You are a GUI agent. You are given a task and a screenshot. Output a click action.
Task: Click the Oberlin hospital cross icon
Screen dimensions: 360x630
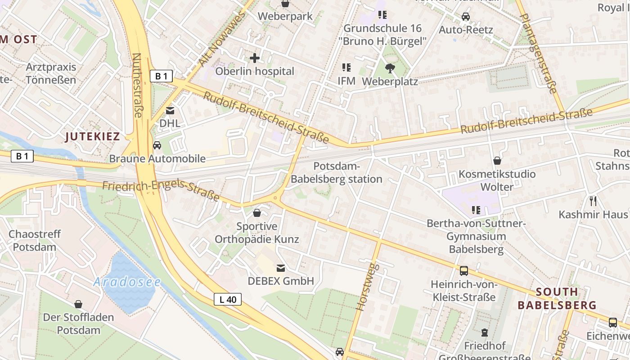255,58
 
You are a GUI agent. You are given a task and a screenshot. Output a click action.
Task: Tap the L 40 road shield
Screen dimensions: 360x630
228,299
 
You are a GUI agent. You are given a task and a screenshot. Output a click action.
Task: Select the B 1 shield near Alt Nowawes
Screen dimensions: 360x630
161,76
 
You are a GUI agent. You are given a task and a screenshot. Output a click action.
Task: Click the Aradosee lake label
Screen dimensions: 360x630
127,282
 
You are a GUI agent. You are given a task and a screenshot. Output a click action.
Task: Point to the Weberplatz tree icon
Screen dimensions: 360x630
390,68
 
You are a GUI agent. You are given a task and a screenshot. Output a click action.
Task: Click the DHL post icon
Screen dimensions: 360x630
170,110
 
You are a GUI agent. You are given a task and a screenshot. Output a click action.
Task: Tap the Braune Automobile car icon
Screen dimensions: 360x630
157,145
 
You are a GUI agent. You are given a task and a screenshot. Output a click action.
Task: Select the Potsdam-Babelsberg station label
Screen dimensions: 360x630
336,172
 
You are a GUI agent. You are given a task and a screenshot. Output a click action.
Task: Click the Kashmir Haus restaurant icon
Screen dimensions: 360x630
593,201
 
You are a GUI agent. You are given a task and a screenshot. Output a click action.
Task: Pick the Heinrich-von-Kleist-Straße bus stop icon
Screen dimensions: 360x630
464,271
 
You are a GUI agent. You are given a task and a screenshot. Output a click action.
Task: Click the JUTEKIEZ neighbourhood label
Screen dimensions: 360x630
93,137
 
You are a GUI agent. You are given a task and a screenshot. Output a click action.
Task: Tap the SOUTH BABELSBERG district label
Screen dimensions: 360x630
557,298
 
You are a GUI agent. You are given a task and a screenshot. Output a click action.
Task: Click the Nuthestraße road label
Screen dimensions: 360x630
137,85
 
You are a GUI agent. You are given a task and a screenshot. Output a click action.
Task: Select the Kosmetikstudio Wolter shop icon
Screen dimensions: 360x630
497,161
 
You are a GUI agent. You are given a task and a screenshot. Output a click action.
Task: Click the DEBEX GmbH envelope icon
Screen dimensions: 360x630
281,268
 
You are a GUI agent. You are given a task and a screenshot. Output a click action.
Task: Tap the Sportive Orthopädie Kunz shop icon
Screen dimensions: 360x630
257,213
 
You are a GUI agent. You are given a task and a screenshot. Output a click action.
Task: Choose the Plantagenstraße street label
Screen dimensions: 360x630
538,53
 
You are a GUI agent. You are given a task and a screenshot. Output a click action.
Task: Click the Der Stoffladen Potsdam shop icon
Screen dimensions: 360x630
78,304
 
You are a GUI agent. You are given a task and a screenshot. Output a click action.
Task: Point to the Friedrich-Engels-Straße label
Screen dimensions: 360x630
161,192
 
